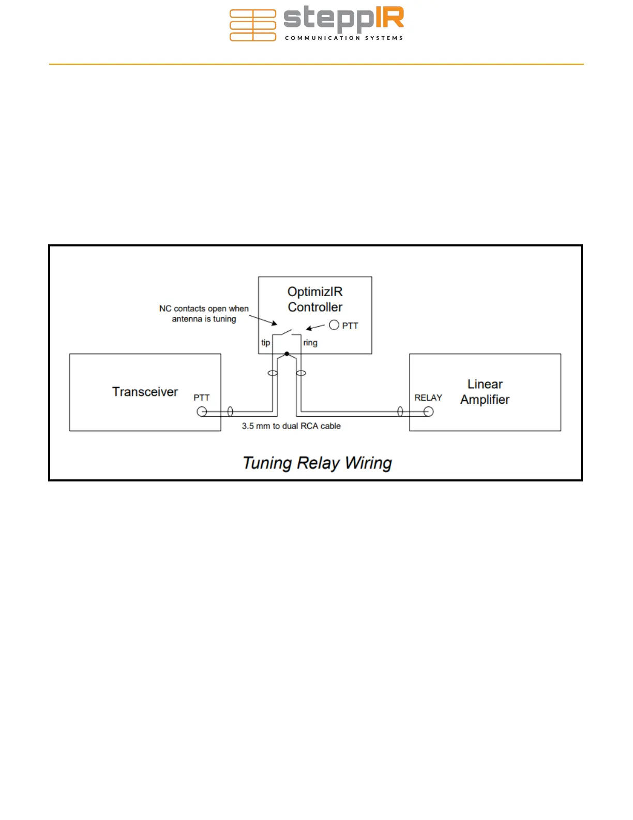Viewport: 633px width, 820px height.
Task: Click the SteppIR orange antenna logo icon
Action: point(252,25)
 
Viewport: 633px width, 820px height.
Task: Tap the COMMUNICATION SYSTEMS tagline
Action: point(344,38)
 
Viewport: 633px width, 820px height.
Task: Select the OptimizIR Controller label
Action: point(315,299)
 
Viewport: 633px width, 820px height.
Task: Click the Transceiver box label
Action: point(145,392)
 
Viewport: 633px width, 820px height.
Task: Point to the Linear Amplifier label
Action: point(485,392)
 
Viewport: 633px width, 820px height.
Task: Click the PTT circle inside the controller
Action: point(334,325)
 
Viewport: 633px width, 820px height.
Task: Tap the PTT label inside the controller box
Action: point(350,326)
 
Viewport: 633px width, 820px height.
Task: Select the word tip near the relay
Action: point(265,343)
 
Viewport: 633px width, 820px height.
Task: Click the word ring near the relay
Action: point(310,343)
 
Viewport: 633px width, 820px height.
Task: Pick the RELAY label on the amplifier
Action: point(428,398)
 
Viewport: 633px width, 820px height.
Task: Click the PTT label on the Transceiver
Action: point(202,398)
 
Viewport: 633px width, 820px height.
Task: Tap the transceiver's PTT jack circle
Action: point(202,412)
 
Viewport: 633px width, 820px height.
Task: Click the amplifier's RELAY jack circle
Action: point(428,412)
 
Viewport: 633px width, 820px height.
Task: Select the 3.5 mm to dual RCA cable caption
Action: point(291,426)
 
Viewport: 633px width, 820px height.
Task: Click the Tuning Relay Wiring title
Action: point(317,463)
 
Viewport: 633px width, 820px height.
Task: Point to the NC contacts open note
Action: point(204,314)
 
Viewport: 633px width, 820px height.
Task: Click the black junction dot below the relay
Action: point(287,354)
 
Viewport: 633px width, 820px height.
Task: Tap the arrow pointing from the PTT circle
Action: point(315,327)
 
